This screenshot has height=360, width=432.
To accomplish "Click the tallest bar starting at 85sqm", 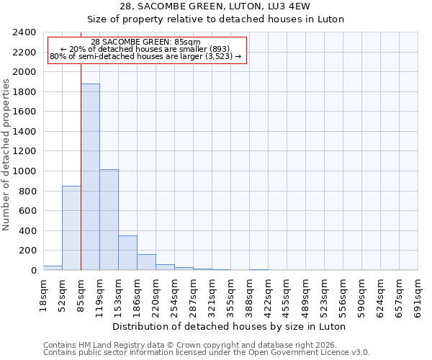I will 90,177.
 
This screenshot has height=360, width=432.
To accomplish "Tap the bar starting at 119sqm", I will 109,220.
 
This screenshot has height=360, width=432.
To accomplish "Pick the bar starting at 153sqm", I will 127,253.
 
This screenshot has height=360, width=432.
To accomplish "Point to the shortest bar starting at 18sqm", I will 53,268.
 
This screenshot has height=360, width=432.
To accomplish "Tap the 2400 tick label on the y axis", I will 25,32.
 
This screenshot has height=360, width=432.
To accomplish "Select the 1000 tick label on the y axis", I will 25,171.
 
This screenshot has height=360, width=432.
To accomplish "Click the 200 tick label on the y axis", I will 28,251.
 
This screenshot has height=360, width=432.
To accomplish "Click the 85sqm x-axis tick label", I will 81,294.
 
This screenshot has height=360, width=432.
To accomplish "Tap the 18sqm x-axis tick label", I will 44,294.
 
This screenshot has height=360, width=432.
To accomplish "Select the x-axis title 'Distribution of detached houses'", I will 230,326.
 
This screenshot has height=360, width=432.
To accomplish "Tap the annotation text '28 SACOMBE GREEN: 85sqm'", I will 146,42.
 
